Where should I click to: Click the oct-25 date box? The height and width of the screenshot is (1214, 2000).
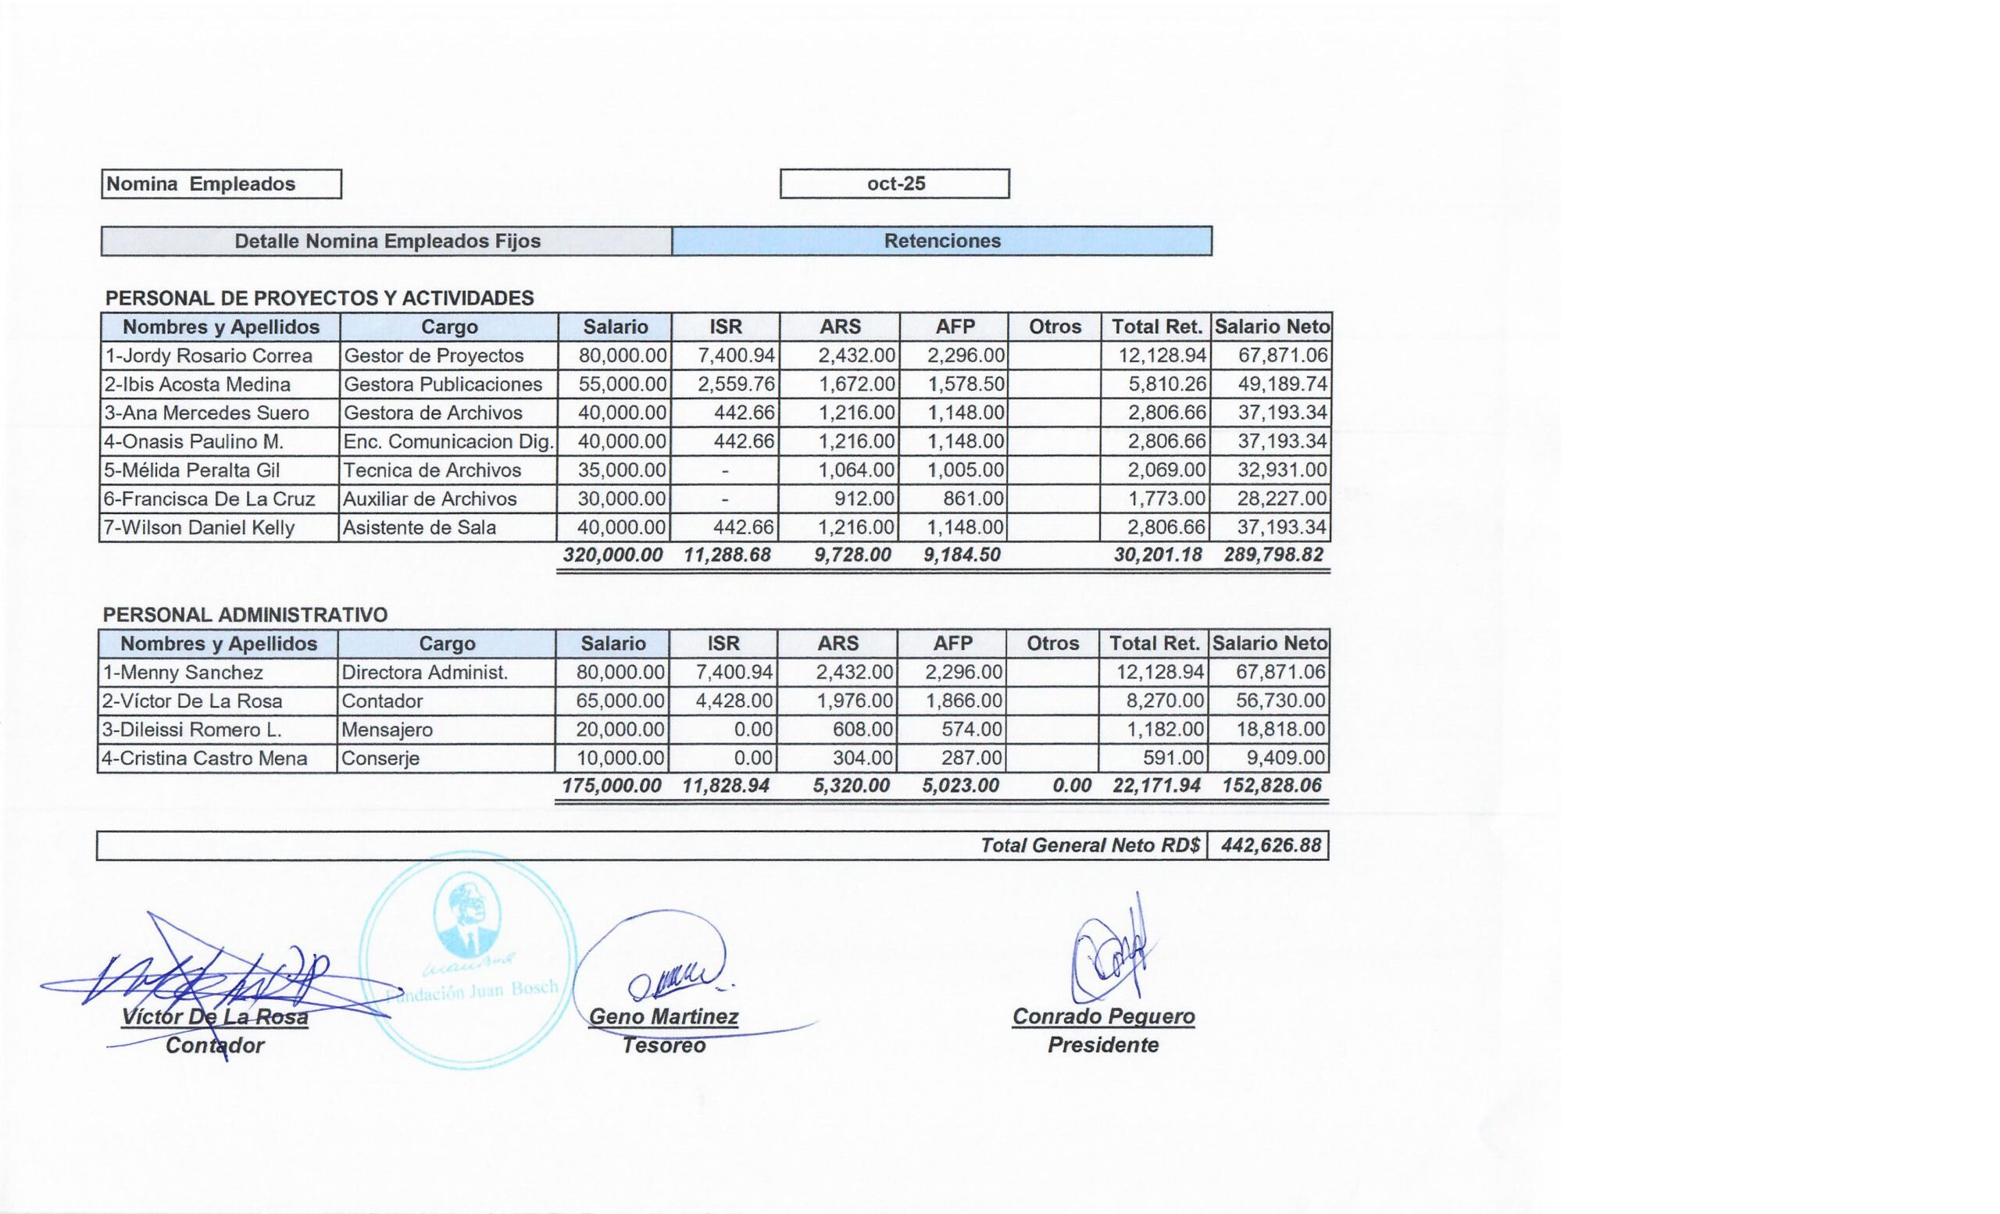(895, 184)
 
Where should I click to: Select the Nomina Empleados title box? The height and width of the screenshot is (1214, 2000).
(221, 184)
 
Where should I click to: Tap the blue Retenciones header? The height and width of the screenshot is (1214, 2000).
(941, 241)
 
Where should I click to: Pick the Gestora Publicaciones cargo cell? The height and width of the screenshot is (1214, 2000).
(443, 384)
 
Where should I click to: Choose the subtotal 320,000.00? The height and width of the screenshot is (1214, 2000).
(612, 555)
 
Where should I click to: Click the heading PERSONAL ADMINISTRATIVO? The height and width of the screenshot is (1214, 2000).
(245, 614)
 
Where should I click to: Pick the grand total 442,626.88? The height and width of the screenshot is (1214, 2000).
(1270, 845)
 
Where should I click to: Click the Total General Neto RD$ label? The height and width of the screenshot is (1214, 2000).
(1089, 845)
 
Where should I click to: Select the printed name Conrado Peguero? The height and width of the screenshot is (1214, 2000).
(1103, 1016)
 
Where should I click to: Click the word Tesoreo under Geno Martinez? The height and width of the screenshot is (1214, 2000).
(664, 1045)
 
